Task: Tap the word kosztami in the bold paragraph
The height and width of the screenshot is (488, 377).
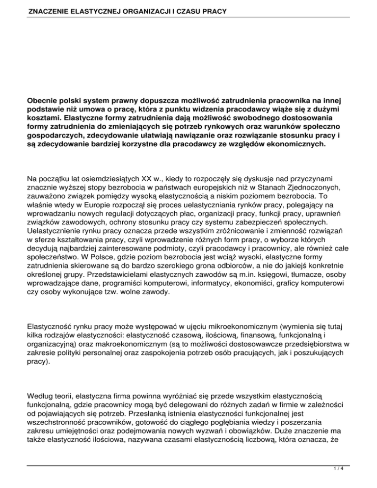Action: (x=45, y=119)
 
